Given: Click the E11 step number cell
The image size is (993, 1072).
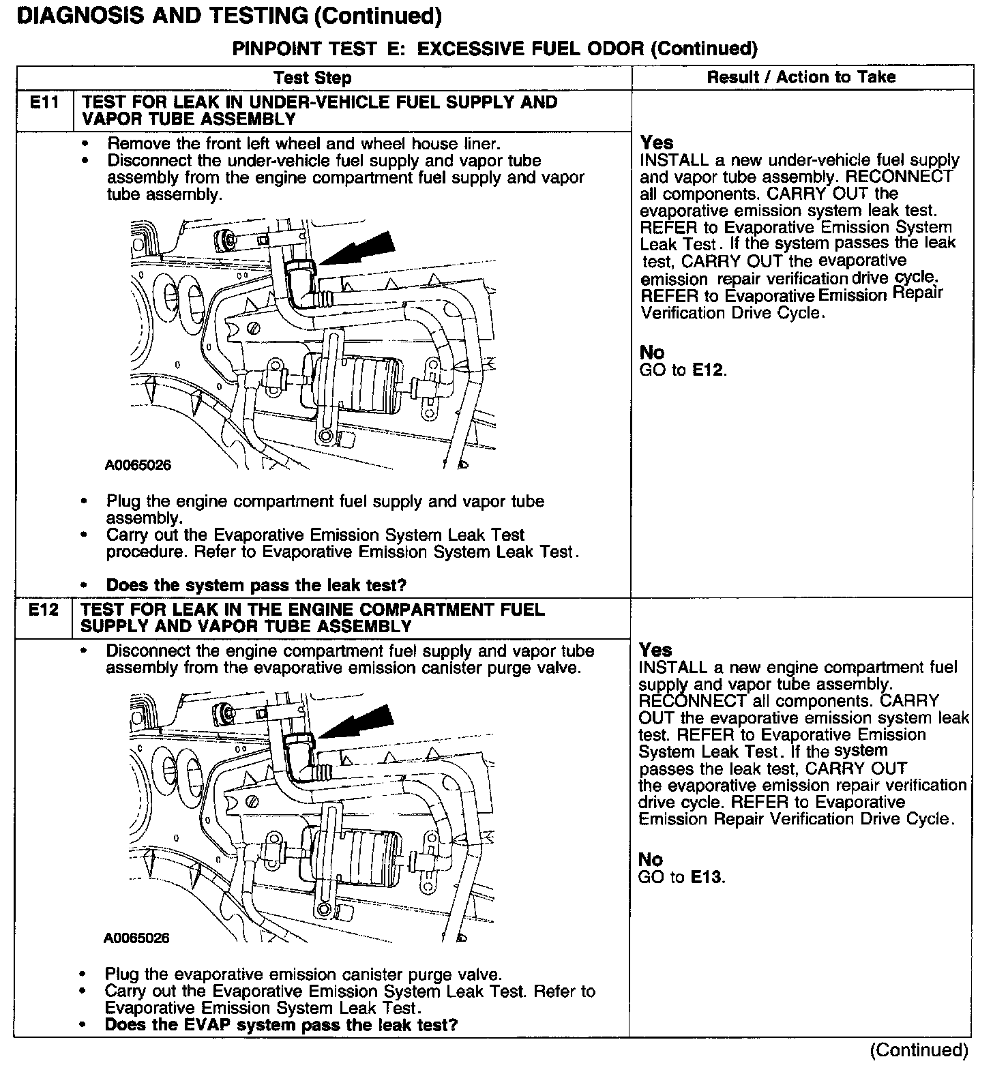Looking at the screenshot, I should click(44, 103).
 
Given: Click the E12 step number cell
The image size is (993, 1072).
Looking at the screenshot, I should click(44, 610).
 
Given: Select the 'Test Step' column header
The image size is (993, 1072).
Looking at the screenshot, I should click(312, 78).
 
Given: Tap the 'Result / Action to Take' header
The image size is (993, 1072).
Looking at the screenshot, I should click(801, 77).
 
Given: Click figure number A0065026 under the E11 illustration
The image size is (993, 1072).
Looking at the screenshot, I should click(138, 466).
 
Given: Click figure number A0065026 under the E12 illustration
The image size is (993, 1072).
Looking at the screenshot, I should click(136, 938).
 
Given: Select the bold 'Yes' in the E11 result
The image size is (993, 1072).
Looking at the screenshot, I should click(657, 143).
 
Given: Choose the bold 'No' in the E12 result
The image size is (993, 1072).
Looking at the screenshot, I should click(651, 859).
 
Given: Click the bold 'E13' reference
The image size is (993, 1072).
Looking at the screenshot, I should click(706, 877).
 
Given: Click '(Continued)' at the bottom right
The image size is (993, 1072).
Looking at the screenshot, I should click(919, 1050).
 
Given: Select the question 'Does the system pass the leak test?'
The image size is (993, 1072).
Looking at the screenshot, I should click(256, 585).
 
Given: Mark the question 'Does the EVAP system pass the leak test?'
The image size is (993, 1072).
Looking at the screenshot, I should click(280, 1024).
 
